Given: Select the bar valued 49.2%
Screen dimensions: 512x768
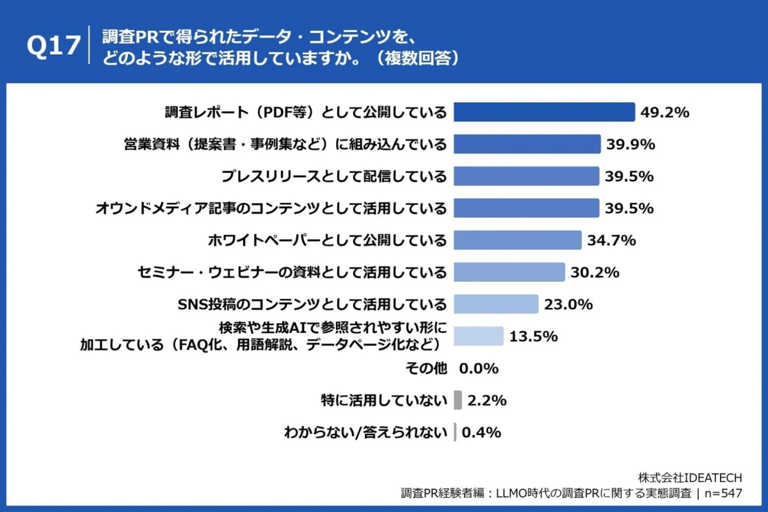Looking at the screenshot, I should coord(544,112).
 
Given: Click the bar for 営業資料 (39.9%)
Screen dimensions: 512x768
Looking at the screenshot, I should coord(527,144).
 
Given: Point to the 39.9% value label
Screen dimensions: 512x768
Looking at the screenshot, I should coord(630,145).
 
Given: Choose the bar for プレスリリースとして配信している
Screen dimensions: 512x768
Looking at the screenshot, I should coord(526,176).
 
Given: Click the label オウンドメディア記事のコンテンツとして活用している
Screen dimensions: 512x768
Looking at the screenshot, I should coord(271,208).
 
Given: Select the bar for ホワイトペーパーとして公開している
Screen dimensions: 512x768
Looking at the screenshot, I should coord(517,240).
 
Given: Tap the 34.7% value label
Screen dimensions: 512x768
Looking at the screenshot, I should coord(611,241).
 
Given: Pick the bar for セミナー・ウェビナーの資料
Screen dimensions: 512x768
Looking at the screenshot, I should coord(509,272).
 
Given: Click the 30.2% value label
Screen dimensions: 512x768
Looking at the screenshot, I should coord(595,273).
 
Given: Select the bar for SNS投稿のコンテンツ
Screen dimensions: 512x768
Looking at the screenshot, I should coord(495,304).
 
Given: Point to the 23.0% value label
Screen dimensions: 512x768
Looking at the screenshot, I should coord(568,305).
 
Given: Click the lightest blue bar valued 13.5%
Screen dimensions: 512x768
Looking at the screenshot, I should coord(478,336).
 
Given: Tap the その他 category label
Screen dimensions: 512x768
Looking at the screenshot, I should coord(426,368).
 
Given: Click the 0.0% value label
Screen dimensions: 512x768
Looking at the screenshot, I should coord(479,369).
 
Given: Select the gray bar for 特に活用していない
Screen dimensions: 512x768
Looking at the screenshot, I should coord(458,400).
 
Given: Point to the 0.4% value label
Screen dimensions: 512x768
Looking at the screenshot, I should coord(481,433).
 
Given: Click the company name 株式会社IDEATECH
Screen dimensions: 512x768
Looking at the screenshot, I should coord(690,478).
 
